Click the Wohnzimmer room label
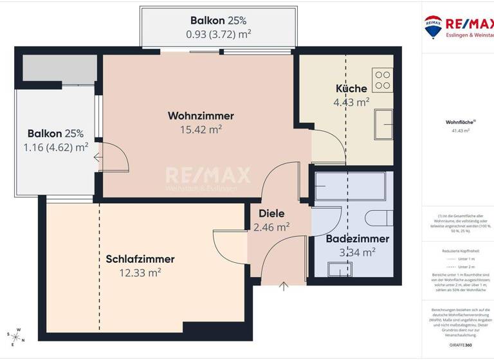(201, 116)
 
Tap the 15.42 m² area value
(201, 129)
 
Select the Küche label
(351, 89)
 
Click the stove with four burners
(382, 81)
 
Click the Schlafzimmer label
(140, 259)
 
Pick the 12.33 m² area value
(140, 273)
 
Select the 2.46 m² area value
(271, 226)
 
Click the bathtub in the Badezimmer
(350, 186)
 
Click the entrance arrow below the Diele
(284, 286)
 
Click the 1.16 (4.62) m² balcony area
(55, 147)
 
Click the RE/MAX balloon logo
(432, 26)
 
